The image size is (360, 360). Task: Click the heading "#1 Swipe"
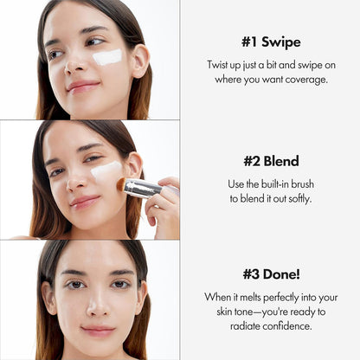pos(270,41)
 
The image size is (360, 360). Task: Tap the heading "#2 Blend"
pos(270,160)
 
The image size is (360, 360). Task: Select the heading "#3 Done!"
pos(270,273)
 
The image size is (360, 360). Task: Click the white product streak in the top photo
pos(107,57)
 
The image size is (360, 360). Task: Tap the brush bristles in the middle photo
pos(121,185)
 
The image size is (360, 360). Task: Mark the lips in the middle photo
pos(84,202)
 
